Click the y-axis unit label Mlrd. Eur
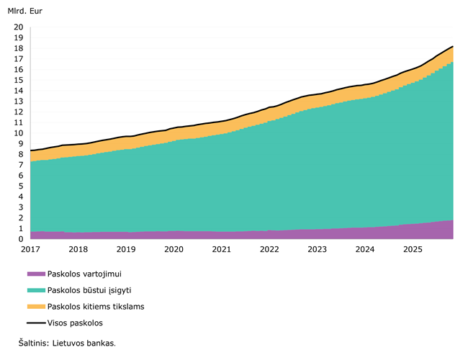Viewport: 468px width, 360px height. (x=25, y=12)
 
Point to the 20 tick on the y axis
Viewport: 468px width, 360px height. (x=19, y=27)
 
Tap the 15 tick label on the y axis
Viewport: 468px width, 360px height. (x=19, y=81)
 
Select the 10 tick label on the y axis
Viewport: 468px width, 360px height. (x=19, y=133)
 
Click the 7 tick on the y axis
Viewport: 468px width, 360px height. (x=21, y=165)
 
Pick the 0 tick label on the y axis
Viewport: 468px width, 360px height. (x=21, y=239)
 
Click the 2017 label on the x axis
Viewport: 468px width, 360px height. (x=30, y=249)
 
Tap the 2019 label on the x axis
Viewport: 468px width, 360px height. (x=126, y=249)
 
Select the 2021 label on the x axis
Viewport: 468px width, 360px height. (x=222, y=249)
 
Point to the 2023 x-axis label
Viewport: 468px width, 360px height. (x=317, y=249)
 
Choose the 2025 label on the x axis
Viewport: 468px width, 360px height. (x=413, y=249)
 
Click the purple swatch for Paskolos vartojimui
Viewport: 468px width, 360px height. (x=35, y=274)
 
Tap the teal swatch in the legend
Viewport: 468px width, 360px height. (x=35, y=290)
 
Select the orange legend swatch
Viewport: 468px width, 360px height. (x=35, y=307)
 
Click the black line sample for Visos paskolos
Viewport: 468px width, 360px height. (x=35, y=323)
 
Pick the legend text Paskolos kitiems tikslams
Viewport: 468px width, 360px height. (x=95, y=307)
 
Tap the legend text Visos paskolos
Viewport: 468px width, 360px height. (x=75, y=323)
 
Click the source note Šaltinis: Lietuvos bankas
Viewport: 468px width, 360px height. (x=67, y=343)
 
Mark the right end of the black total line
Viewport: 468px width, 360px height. (x=452, y=46)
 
